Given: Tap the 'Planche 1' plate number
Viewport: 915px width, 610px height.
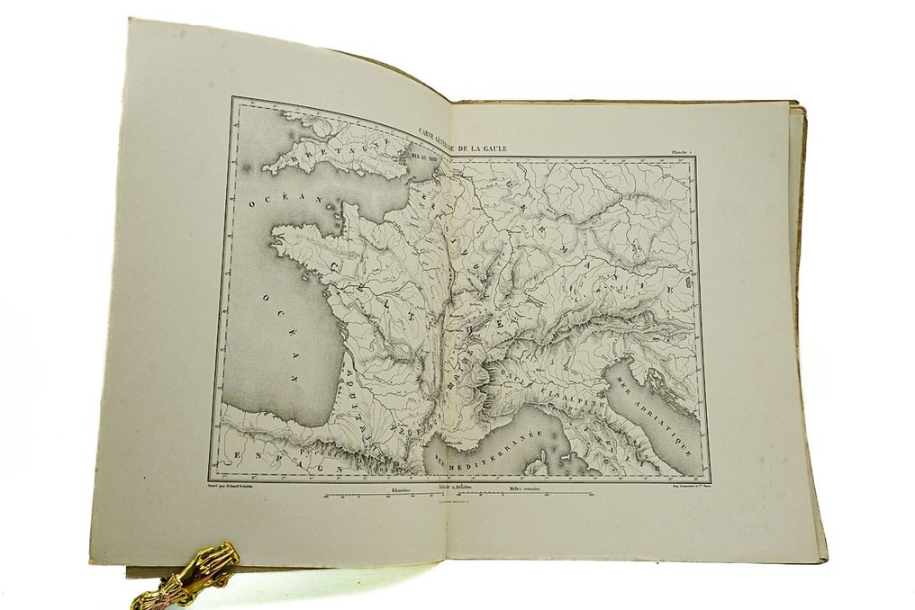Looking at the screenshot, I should (675, 154).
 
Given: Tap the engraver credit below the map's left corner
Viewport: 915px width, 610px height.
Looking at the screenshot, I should (248, 484).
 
